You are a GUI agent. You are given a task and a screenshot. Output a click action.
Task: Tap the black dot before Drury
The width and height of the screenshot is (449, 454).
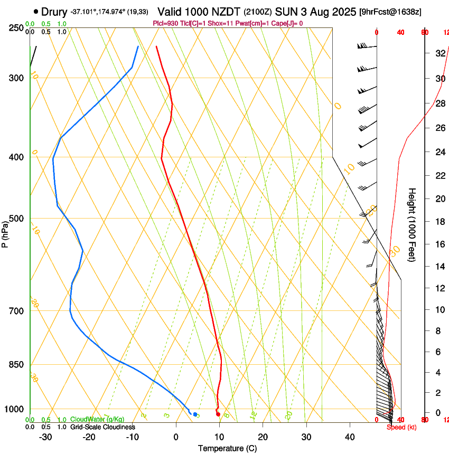point(35,11)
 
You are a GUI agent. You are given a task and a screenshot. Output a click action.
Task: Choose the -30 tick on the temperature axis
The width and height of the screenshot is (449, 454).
point(45,437)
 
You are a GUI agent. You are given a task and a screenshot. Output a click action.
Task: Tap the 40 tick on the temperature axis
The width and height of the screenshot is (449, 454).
point(350,437)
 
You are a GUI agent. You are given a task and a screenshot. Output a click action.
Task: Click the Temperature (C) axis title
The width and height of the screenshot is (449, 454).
point(227,448)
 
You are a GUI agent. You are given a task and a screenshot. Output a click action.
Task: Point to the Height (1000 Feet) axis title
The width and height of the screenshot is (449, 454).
point(413,225)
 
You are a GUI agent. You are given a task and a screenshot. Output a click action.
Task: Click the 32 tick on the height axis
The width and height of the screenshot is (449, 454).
point(439,53)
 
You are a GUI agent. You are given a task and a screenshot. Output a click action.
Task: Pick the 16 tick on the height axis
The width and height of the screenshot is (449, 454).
point(439,244)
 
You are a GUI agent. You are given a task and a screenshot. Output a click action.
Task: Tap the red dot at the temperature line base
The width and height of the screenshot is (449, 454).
point(218,414)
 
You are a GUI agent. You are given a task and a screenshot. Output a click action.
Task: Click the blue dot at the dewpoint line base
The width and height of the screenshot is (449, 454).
point(195,414)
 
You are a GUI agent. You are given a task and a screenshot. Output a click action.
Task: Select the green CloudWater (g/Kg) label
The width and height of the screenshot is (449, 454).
point(97,419)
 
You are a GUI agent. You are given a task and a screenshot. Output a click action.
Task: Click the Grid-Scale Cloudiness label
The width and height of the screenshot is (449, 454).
point(102,427)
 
